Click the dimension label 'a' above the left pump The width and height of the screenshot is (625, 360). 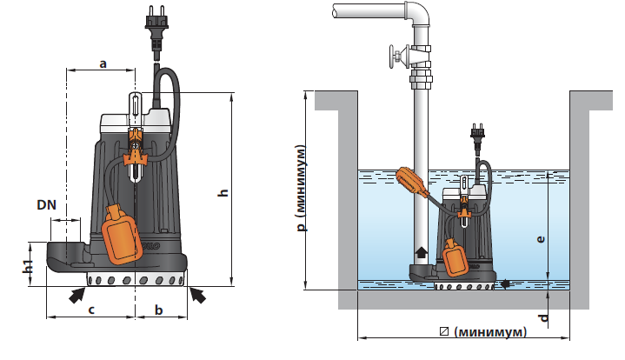(102, 63)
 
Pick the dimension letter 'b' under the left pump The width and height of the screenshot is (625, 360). (159, 309)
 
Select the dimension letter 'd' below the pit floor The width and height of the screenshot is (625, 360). (543, 317)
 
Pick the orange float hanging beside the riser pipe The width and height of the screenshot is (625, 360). (411, 183)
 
